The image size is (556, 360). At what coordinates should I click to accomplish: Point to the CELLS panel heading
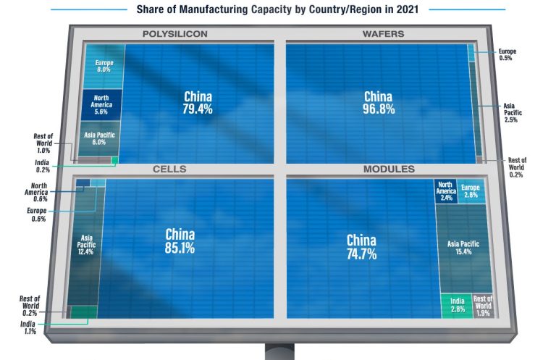click(x=169, y=169)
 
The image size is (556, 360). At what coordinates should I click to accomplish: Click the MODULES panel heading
click(x=388, y=169)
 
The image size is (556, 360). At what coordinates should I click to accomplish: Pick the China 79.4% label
click(x=198, y=103)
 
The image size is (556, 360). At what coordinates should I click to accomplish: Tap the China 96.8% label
click(x=377, y=103)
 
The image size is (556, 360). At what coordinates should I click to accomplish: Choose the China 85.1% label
click(x=180, y=240)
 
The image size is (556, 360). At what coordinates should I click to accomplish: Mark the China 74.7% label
click(x=361, y=246)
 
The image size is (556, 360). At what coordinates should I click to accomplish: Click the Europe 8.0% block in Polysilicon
click(x=104, y=66)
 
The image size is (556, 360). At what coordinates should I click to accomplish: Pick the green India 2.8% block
click(x=456, y=305)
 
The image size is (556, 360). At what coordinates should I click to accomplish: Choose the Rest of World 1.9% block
click(x=483, y=305)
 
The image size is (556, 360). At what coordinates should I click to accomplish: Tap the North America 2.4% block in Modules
click(x=445, y=191)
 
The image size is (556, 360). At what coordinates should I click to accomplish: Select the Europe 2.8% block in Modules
click(x=472, y=191)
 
